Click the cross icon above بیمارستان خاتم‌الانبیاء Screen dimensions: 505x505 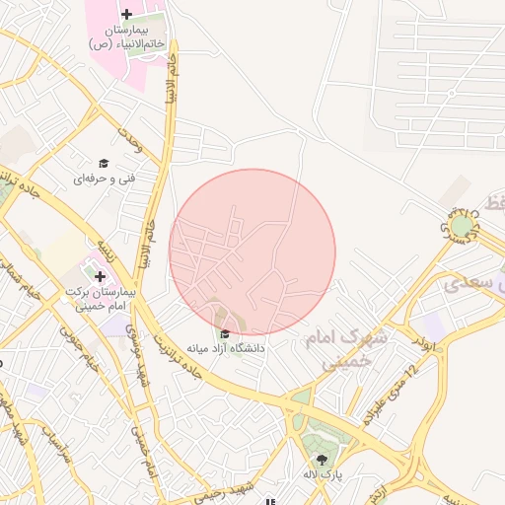(126, 14)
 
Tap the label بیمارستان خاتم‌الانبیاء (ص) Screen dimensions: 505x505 (126, 37)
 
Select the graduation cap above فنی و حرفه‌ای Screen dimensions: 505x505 (103, 164)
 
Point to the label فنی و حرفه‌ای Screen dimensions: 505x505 (103, 180)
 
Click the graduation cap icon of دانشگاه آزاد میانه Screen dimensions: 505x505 (226, 333)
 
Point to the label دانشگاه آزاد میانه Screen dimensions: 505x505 (227, 349)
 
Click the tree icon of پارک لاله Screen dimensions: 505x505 (322, 459)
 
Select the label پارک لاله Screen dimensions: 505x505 (322, 475)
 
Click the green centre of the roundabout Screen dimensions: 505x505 (462, 226)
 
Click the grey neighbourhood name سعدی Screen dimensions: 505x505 (466, 284)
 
